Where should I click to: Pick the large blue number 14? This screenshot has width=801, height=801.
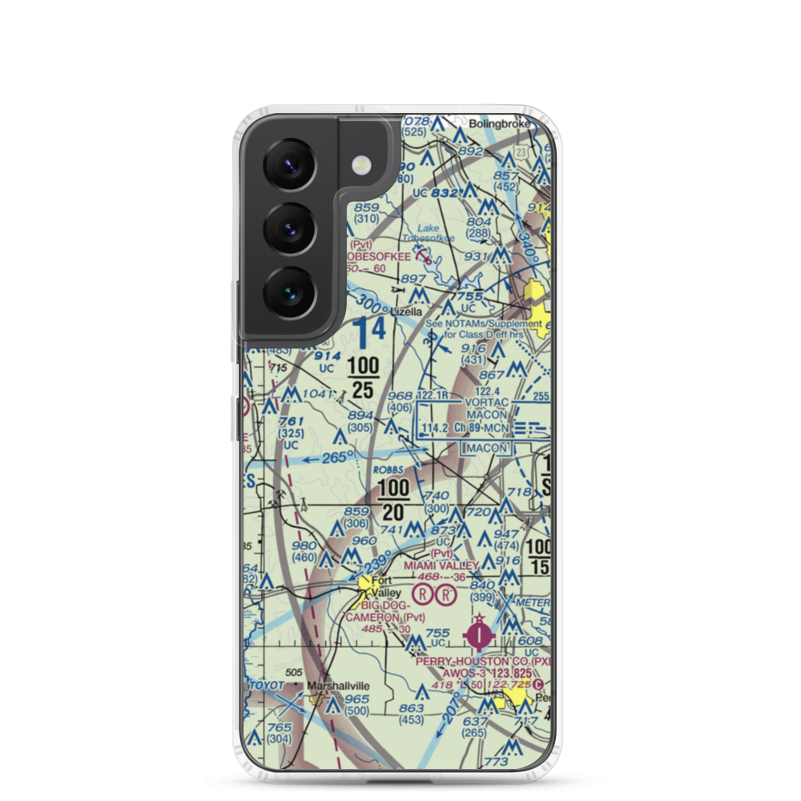pyautogui.click(x=371, y=330)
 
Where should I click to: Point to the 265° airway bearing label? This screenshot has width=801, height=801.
pyautogui.click(x=337, y=457)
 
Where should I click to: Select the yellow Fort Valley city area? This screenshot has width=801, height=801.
pyautogui.click(x=368, y=586)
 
